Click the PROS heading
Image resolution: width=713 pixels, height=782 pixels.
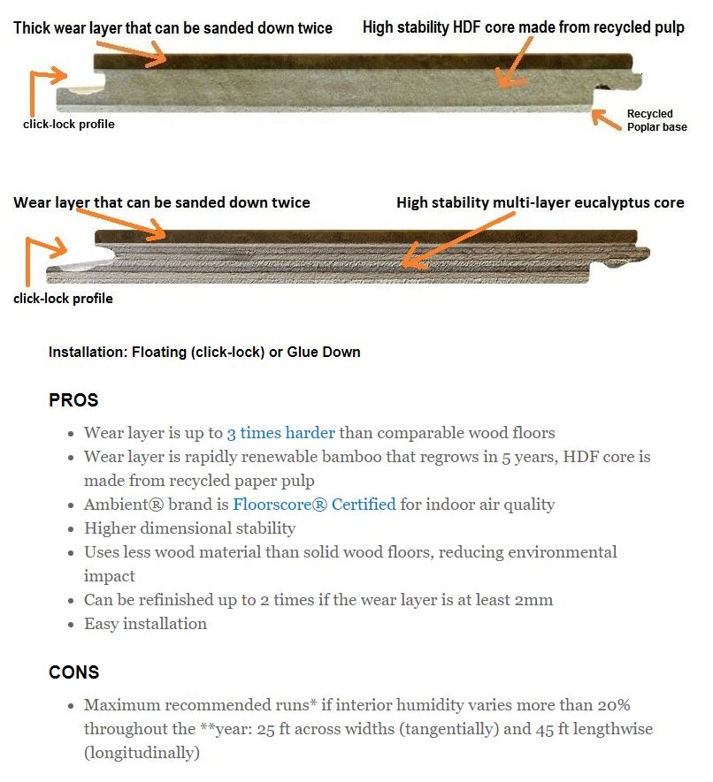73,400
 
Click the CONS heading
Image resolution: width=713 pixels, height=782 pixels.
74,672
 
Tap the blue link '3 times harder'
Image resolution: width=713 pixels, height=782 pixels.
280,433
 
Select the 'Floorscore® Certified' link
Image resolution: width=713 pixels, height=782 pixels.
314,505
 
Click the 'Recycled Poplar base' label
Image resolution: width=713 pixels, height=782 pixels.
656,120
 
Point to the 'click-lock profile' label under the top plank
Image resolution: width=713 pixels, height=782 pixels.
69,125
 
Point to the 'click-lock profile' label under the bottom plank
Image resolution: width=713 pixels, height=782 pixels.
63,299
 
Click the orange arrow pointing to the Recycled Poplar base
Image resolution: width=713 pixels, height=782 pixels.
606,119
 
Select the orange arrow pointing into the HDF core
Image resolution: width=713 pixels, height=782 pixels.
514,64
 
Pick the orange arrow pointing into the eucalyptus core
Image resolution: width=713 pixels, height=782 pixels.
458,239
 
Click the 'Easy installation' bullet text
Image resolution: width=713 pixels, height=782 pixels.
145,624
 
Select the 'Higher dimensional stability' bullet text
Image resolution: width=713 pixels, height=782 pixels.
189,528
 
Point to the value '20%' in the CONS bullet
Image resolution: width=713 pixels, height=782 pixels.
614,705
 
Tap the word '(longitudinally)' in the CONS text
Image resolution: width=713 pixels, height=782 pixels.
142,753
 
